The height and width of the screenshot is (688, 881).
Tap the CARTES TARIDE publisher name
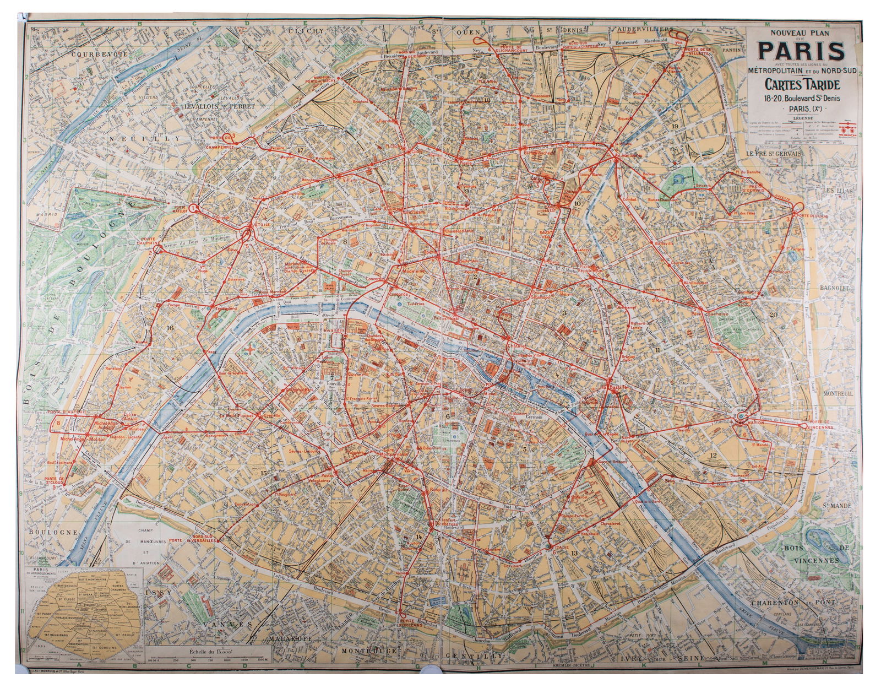pyautogui.click(x=801, y=84)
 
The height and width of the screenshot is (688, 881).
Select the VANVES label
pyautogui.click(x=227, y=625)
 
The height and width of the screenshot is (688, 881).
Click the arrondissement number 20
pyautogui.click(x=774, y=315)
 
